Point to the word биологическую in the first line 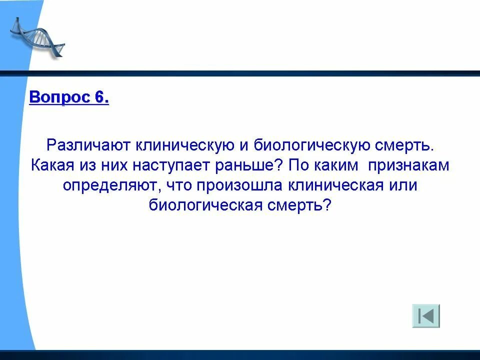[309, 145]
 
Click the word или [402, 185]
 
